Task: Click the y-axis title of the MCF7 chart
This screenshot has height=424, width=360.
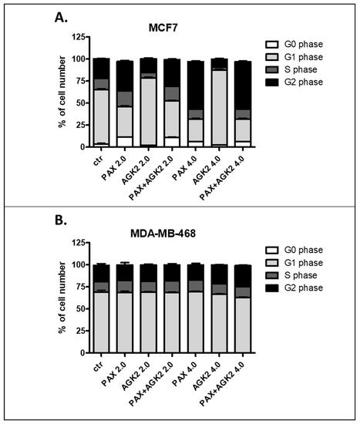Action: (x=61, y=91)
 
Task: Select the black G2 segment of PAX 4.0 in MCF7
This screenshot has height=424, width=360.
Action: (x=197, y=85)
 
